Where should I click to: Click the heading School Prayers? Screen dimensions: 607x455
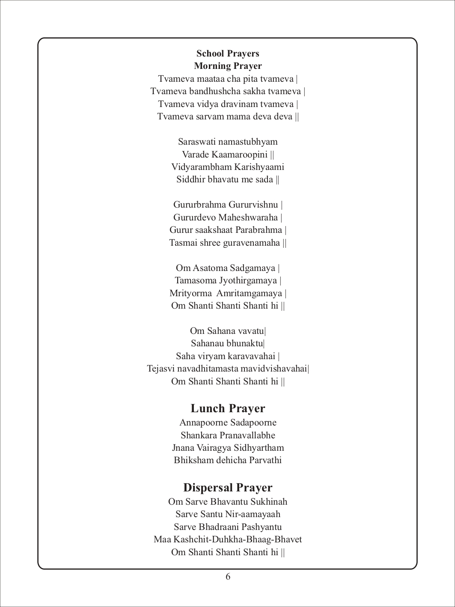pos(228,54)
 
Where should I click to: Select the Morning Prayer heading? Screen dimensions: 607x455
pos(228,66)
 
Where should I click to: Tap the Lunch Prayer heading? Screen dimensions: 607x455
pos(228,408)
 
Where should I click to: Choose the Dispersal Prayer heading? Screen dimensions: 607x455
pos(228,488)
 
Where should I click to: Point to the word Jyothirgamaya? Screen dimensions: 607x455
pos(248,281)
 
